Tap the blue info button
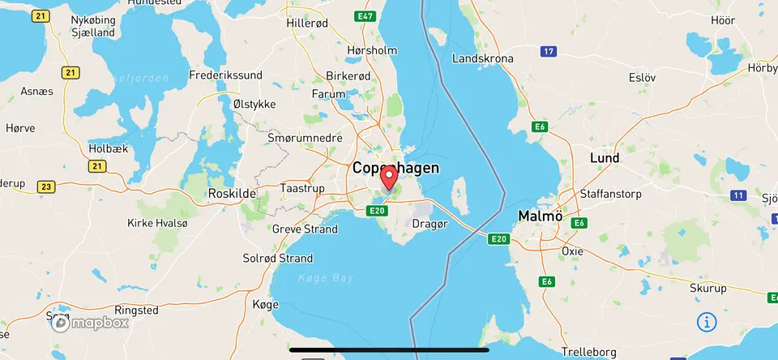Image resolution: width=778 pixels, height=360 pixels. tap(707, 322)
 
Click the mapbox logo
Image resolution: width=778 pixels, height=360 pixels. tap(91, 324)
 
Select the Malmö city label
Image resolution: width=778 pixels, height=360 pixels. tap(540, 216)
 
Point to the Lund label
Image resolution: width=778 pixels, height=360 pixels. tap(605, 157)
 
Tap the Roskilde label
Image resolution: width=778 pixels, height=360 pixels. tap(233, 194)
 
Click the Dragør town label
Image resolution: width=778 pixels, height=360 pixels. tap(430, 223)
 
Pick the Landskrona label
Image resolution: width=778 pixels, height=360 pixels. tap(483, 59)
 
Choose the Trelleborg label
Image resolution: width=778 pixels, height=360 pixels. tap(588, 352)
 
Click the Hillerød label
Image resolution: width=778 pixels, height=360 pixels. tap(307, 24)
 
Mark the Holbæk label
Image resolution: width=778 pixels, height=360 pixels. tap(108, 149)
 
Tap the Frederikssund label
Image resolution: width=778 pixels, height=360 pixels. tap(225, 75)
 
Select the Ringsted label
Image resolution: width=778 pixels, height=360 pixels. tap(136, 311)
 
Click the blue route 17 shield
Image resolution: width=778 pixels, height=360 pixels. tap(549, 52)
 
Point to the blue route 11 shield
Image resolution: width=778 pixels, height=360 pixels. tap(737, 195)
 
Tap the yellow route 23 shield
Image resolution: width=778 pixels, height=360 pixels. tap(45, 187)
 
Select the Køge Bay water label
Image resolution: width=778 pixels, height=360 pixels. tap(325, 278)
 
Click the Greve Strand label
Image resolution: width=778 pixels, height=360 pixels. tap(305, 229)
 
